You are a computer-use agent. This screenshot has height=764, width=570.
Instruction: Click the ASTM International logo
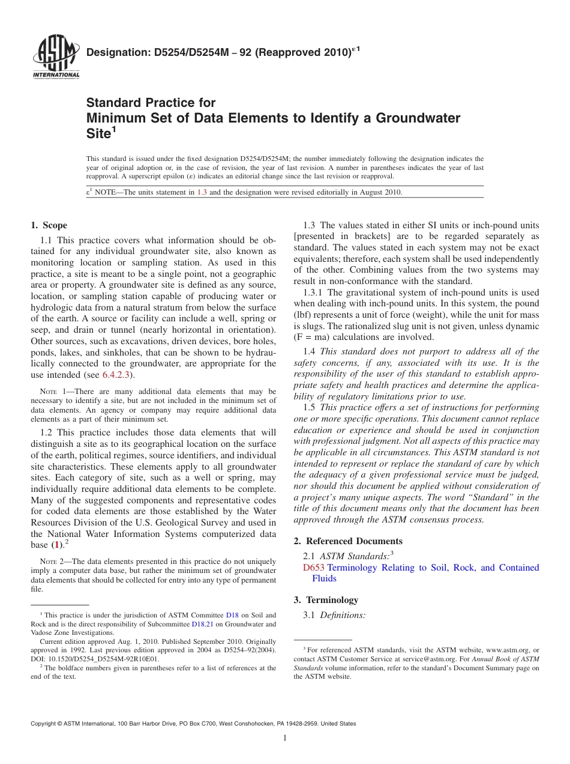coord(56,58)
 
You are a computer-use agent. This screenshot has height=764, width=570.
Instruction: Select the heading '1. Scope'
coord(49,225)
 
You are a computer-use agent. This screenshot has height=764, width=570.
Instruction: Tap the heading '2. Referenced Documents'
coord(348,541)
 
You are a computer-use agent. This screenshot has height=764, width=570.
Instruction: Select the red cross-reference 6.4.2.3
coord(116,375)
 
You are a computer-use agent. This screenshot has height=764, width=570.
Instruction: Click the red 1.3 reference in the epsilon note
coord(202,192)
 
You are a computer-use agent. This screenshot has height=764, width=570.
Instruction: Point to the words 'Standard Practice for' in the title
coord(151,103)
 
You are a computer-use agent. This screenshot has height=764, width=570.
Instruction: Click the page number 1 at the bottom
coord(285,738)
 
